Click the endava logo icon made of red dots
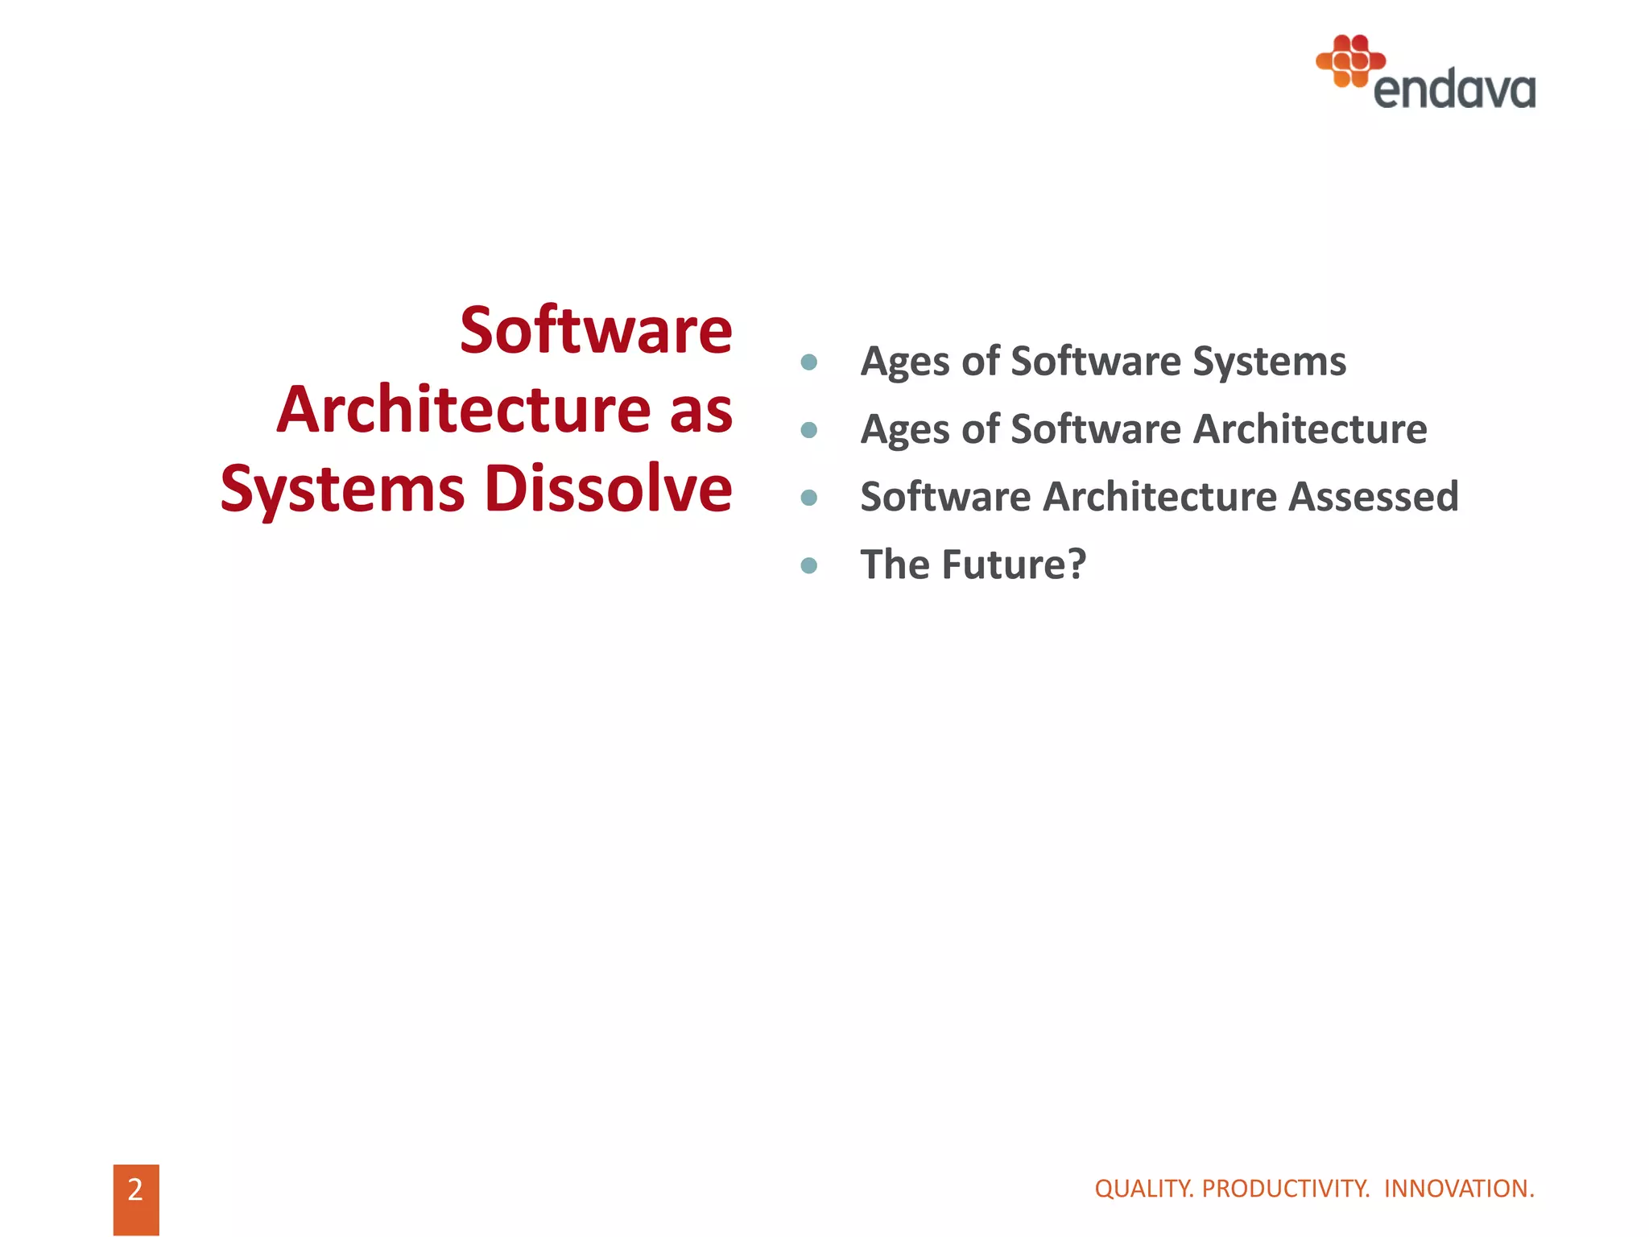coord(1350,60)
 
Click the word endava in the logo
coord(1454,89)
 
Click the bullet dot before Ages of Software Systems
coord(809,362)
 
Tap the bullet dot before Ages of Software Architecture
coord(809,430)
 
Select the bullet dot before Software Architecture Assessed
coord(809,498)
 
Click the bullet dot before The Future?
coord(809,565)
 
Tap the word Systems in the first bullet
coord(1269,362)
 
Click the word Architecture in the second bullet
coord(1310,428)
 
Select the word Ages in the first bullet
coord(905,362)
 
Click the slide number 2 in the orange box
coord(135,1189)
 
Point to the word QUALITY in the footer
coord(1143,1189)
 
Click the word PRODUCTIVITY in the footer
coord(1285,1189)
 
